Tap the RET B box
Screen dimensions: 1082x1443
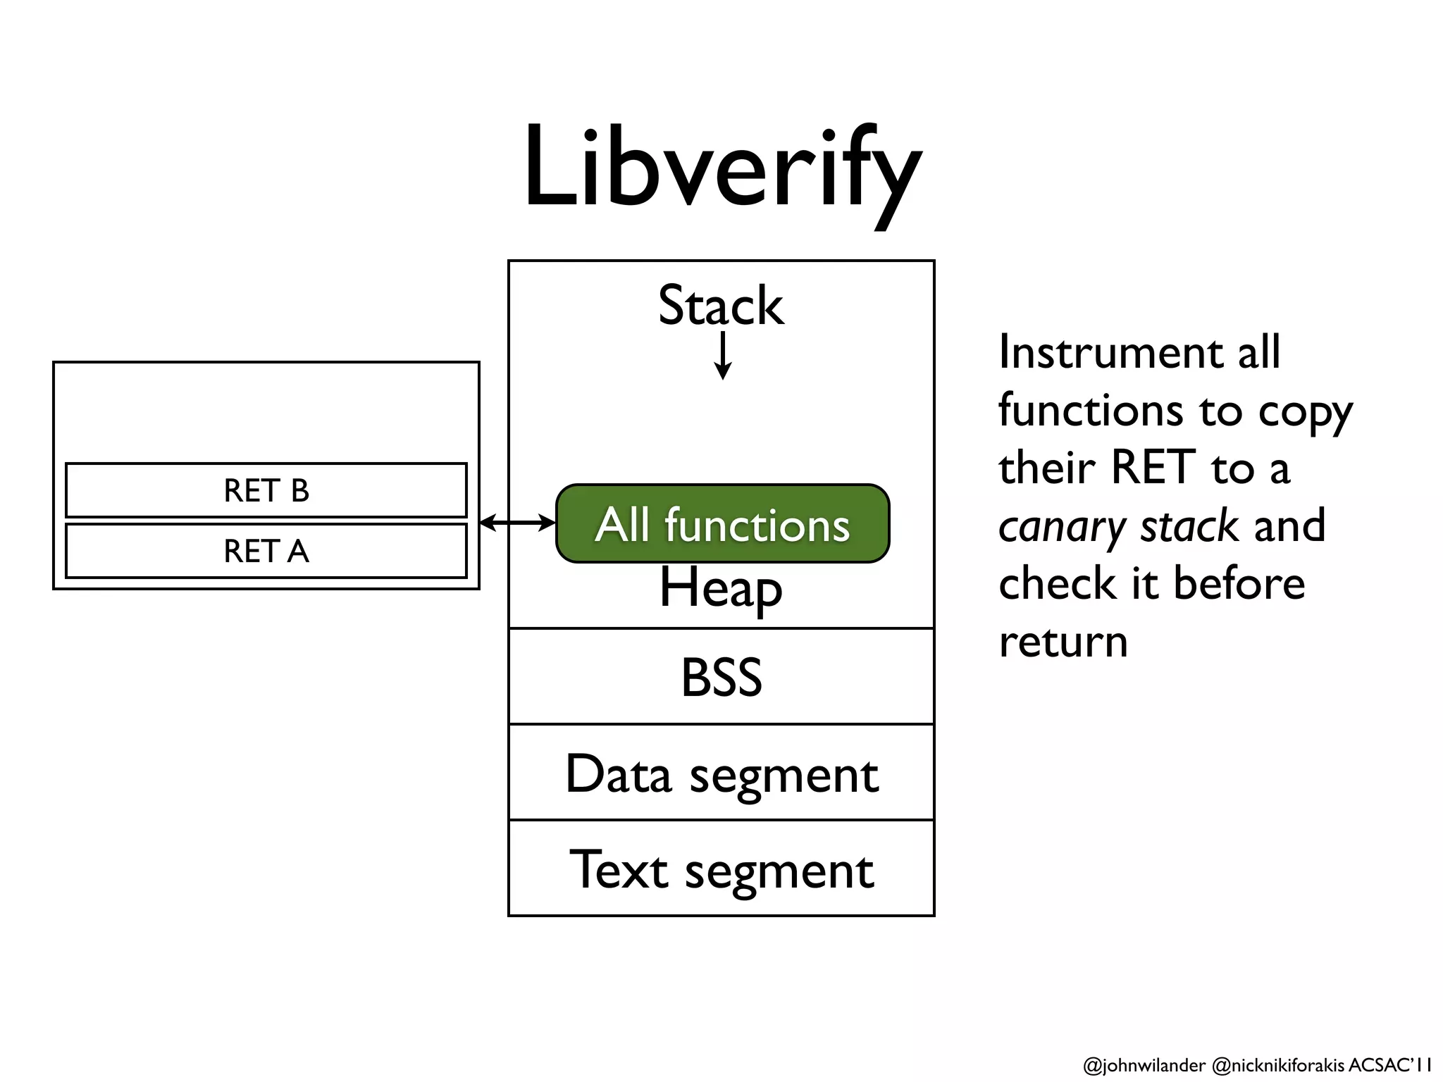(266, 490)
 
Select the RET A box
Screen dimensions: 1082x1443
(266, 551)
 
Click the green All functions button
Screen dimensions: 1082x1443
(722, 524)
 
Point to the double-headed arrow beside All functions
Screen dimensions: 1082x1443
(517, 523)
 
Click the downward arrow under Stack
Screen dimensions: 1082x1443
(722, 356)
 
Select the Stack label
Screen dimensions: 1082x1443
(720, 306)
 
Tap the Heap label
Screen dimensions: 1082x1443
(720, 587)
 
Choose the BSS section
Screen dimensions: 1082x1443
(721, 676)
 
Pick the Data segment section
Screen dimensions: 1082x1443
(721, 773)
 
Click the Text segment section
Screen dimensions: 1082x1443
(721, 869)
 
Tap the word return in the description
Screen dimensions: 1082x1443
(1063, 642)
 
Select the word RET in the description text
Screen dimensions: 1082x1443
(1153, 468)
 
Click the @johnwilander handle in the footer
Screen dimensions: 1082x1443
(1144, 1065)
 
